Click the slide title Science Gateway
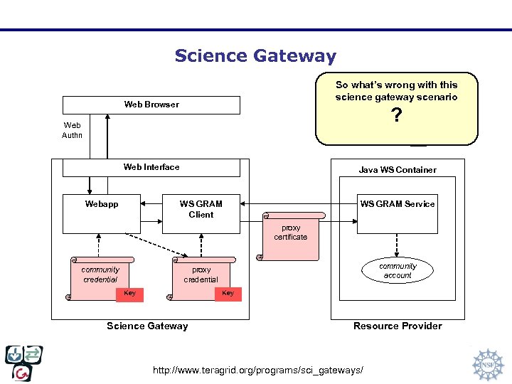(255, 55)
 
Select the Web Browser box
(151, 105)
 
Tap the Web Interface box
(151, 167)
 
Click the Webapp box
(102, 213)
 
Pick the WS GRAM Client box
(201, 213)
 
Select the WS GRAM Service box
(397, 213)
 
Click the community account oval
(398, 270)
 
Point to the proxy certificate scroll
(291, 233)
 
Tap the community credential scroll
(101, 274)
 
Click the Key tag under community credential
(130, 294)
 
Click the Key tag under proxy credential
(228, 294)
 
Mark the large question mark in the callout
(397, 115)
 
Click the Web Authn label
(72, 130)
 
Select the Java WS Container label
(398, 170)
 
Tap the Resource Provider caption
(398, 326)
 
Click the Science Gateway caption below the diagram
(147, 326)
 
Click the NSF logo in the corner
(487, 363)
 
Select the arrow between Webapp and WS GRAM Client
(151, 204)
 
